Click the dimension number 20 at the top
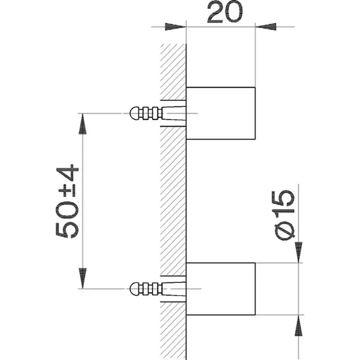point(225,12)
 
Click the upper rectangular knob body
point(221,113)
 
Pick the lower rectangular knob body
point(221,289)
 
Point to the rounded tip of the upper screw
point(134,113)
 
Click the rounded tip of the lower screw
point(134,289)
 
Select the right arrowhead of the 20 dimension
point(266,27)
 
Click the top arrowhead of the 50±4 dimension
point(82,124)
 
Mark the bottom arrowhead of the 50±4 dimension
point(82,278)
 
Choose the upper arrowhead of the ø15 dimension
point(298,253)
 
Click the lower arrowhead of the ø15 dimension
point(298,326)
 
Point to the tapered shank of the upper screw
point(174,113)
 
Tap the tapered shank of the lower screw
point(174,289)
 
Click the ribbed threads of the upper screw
point(150,113)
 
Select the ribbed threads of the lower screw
point(150,289)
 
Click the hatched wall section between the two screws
point(173,201)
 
